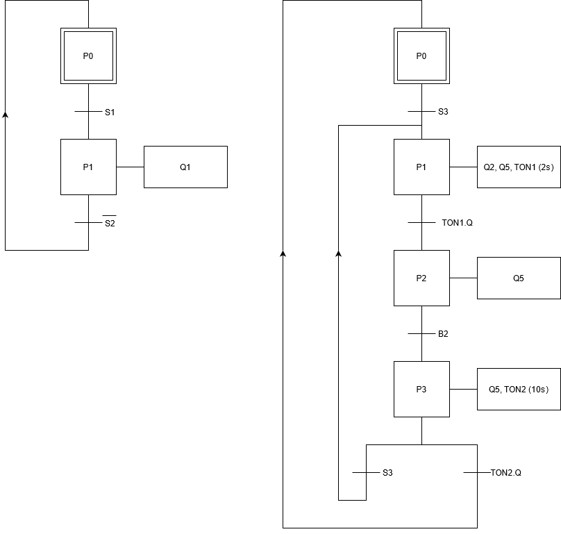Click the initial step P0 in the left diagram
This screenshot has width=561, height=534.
tap(88, 56)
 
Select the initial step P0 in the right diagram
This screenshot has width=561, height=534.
tap(421, 56)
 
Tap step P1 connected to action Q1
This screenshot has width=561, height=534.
tap(88, 167)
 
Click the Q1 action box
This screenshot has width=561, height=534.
tap(185, 167)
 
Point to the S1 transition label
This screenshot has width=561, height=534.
tap(110, 112)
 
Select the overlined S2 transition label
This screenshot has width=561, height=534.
tap(110, 223)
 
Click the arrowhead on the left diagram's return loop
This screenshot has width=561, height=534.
tap(6, 115)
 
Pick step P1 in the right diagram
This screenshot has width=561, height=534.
tap(421, 167)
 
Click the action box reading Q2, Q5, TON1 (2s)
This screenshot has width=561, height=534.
tap(519, 167)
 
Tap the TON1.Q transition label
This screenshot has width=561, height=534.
tap(457, 223)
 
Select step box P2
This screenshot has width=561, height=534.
tap(421, 278)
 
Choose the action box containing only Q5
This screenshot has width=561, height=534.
tap(519, 278)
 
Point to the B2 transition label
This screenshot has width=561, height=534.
tap(443, 334)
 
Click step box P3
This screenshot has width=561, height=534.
tap(421, 390)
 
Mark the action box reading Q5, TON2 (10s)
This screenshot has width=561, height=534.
tap(519, 390)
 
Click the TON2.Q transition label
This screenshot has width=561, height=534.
tap(505, 473)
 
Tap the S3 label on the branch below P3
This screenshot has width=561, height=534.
tap(387, 473)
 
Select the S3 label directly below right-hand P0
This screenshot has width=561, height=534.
tap(443, 112)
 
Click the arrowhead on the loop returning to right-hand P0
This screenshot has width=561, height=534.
tap(283, 253)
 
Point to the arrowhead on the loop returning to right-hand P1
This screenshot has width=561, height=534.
tap(339, 253)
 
